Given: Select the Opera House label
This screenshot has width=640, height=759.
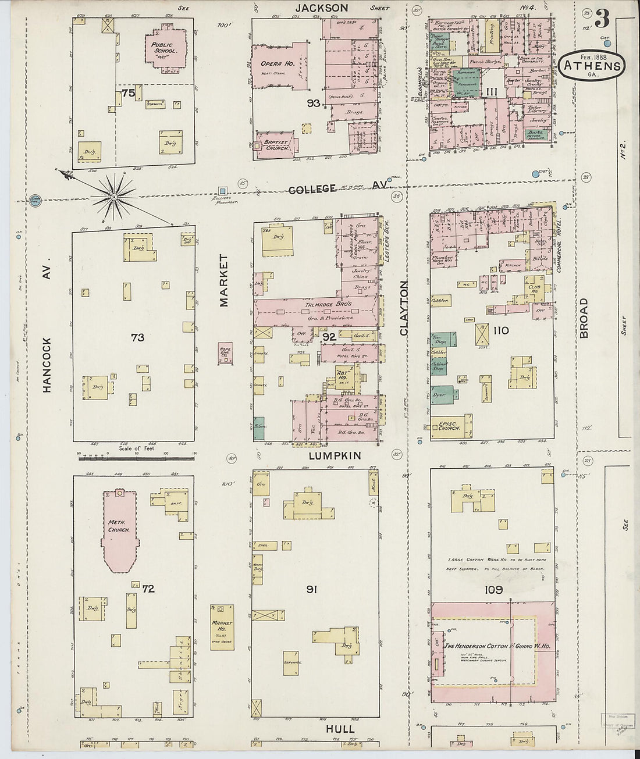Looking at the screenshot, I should click(x=267, y=65).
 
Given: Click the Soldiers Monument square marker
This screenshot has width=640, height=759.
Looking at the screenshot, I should click(x=222, y=190).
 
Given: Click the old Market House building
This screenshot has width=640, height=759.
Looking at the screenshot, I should click(x=222, y=627).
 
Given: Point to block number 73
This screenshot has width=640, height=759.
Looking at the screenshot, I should click(x=137, y=337).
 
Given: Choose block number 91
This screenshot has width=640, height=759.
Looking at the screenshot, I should click(x=311, y=590).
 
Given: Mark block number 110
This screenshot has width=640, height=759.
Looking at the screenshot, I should click(x=500, y=331).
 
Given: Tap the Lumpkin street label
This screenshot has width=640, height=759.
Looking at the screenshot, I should click(x=335, y=455).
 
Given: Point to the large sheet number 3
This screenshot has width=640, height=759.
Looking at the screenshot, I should click(x=602, y=20).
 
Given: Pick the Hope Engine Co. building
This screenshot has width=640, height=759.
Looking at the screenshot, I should click(x=225, y=354).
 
